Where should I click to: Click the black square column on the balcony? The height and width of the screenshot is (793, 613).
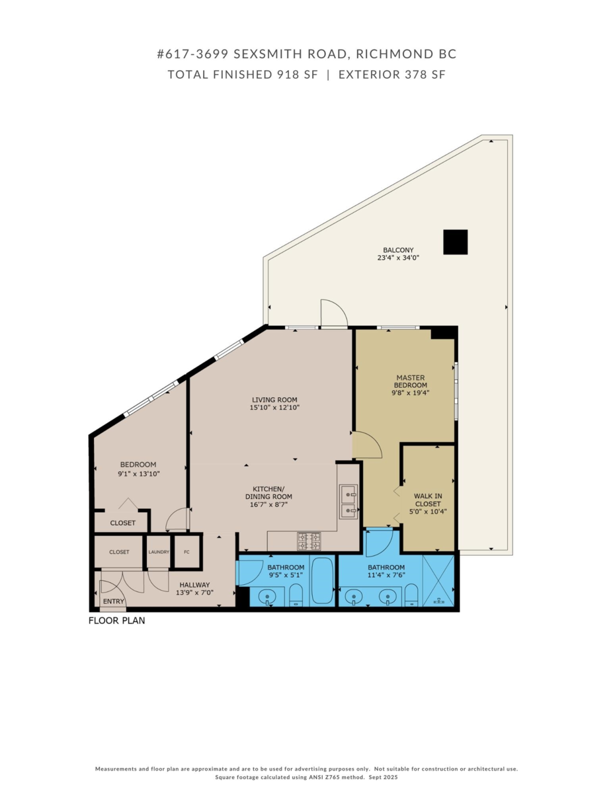point(455,242)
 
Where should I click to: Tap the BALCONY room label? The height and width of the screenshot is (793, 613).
point(398,250)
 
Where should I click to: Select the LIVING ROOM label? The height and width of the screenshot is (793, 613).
point(274,400)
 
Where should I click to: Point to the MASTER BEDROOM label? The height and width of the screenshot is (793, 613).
point(411,381)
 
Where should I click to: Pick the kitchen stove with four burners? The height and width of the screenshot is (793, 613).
point(309,541)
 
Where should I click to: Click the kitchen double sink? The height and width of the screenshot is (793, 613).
point(348,502)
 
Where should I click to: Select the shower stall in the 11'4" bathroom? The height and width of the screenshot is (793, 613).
point(438,580)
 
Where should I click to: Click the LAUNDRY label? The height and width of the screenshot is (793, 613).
point(159,552)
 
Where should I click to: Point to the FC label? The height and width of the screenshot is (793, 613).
point(186,552)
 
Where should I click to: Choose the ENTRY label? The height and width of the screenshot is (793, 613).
point(114,601)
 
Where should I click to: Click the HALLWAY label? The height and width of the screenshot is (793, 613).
point(193,585)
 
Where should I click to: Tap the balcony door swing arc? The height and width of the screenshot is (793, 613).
point(333,313)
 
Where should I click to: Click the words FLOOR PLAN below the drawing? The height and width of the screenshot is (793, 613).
point(117,621)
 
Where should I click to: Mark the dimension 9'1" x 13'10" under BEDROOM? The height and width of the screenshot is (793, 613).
point(138,474)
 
